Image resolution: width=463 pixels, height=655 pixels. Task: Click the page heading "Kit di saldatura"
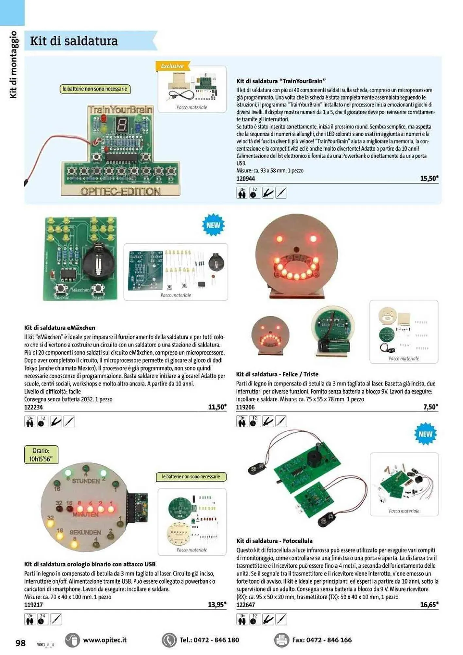[x=74, y=41]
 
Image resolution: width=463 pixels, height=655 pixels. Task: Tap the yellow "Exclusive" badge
[x=172, y=66]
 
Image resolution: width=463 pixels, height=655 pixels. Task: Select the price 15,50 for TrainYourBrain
[x=429, y=178]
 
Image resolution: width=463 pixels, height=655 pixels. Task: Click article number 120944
[x=246, y=179]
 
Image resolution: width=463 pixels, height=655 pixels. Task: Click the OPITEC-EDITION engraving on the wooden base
[x=120, y=192]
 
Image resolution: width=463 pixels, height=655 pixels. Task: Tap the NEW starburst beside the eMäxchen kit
[x=213, y=225]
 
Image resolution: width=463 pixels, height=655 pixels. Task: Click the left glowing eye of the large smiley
[x=280, y=238]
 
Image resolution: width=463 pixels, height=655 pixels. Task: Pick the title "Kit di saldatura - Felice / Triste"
[x=277, y=374]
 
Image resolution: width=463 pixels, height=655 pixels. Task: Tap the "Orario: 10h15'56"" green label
[x=41, y=455]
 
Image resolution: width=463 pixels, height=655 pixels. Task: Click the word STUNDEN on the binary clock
[x=86, y=481]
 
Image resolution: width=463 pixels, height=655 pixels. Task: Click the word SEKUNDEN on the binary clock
[x=85, y=533]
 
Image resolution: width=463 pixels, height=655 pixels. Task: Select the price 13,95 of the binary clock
[x=217, y=605]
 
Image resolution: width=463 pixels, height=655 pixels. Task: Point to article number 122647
[x=246, y=605]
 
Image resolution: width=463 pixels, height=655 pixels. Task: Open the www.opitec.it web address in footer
[x=105, y=640]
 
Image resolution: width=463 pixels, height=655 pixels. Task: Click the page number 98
[x=20, y=643]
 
